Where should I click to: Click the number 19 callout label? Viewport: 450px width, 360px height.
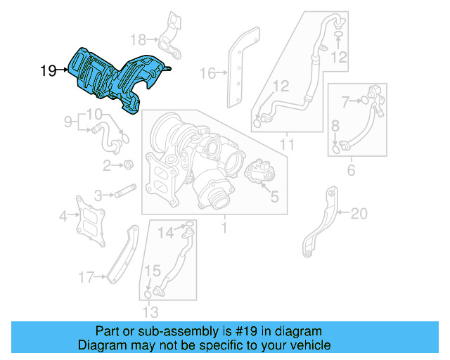48,70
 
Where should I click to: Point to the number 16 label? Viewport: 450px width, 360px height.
206,72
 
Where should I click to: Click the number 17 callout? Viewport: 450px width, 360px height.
86,278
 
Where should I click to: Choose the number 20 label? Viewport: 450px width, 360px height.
359,213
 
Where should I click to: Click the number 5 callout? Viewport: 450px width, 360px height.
274,198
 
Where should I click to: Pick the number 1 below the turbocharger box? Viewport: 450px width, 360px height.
224,229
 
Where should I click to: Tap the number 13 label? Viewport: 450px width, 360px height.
150,311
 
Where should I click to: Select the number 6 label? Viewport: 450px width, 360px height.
351,169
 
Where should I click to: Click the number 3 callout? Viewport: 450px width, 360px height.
100,195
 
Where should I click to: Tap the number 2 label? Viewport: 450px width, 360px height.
107,166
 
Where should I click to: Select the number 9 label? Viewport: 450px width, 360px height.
68,122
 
